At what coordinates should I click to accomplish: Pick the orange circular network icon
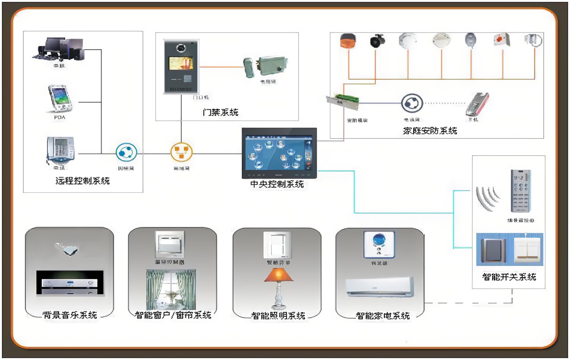tap(182, 153)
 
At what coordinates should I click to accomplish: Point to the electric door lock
tap(266, 67)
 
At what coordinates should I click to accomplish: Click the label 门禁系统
tap(220, 112)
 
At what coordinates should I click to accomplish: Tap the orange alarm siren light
tap(347, 41)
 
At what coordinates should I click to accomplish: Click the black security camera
tap(377, 41)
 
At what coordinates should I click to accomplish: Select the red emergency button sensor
tap(500, 39)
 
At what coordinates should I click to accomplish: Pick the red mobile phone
tap(477, 104)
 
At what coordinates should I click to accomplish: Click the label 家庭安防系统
tap(430, 131)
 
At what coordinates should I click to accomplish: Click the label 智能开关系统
tap(509, 277)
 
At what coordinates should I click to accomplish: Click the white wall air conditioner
tap(379, 287)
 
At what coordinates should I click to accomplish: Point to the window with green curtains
tap(171, 288)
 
